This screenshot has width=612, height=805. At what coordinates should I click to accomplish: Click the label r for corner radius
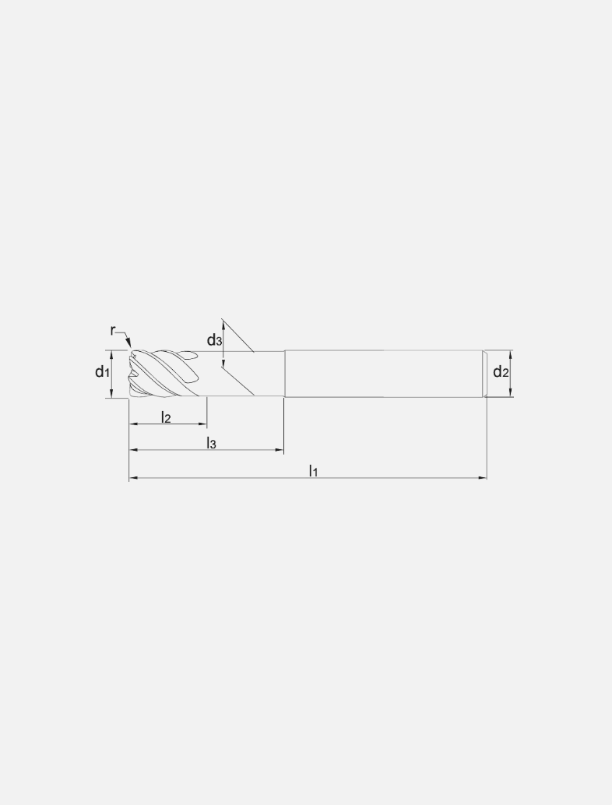point(113,331)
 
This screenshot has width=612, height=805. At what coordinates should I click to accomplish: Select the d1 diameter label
point(102,371)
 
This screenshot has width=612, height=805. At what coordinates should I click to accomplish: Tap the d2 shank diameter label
point(501,371)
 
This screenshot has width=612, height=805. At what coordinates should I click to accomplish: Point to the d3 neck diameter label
point(215,340)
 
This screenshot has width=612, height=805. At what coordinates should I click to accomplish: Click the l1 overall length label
point(313,470)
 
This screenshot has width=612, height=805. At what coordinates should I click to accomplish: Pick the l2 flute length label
point(166,417)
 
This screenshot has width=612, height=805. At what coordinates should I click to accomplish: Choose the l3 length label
point(211,443)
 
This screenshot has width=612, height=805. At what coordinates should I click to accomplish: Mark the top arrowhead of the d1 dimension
point(111,354)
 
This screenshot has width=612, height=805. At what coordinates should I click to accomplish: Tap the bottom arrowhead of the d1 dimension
point(111,393)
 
